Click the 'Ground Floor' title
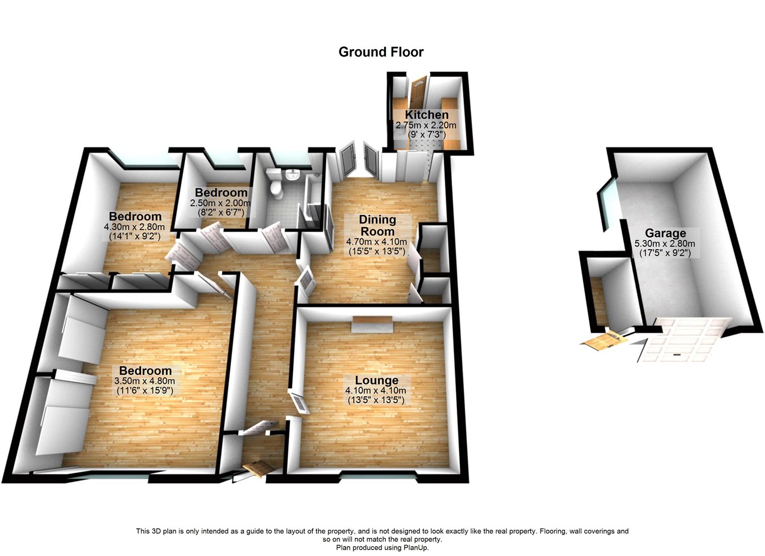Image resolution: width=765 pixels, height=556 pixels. pyautogui.click(x=381, y=52)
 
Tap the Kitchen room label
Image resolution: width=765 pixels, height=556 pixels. pyautogui.click(x=426, y=115)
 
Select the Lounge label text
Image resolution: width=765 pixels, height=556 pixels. pyautogui.click(x=376, y=380)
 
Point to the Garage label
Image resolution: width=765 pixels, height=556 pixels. pyautogui.click(x=665, y=233)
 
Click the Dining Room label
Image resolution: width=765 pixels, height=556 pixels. pyautogui.click(x=377, y=225)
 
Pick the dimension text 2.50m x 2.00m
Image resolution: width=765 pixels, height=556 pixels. pyautogui.click(x=221, y=203)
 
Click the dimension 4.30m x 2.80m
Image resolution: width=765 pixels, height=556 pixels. pyautogui.click(x=135, y=226)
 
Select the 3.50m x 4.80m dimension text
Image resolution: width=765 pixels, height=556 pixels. pyautogui.click(x=144, y=381)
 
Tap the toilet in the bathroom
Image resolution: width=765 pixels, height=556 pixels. pyautogui.click(x=276, y=185)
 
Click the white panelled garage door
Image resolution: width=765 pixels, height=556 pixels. pyautogui.click(x=683, y=340)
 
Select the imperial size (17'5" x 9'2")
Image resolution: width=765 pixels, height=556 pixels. pyautogui.click(x=665, y=253)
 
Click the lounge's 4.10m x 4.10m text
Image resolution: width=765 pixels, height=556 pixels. pyautogui.click(x=376, y=391)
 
